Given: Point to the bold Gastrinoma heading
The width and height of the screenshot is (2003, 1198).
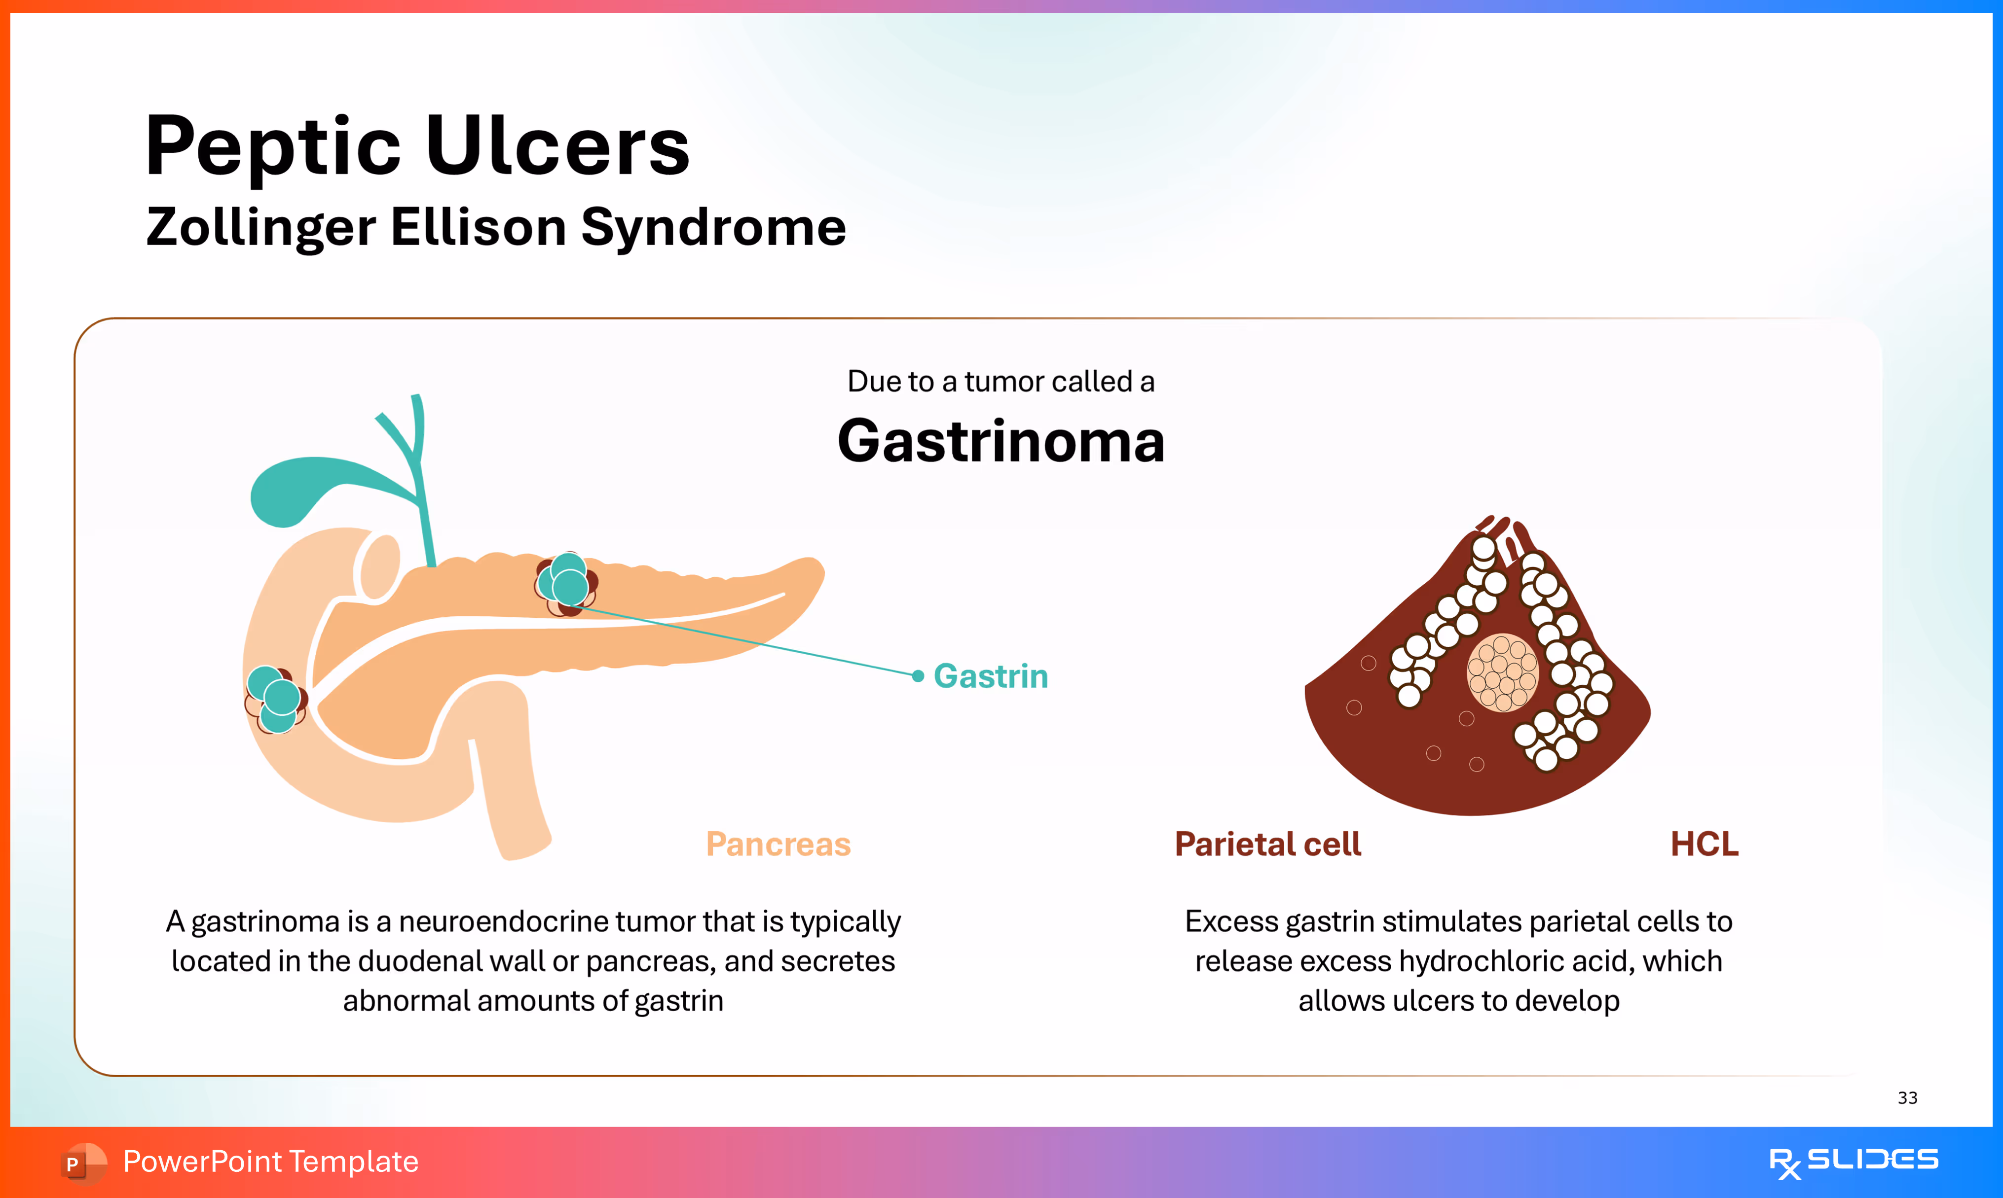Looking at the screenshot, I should tap(1001, 442).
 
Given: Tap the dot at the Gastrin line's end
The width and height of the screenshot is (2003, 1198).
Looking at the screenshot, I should tap(918, 676).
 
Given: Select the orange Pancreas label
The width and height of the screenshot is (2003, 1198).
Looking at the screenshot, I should tap(778, 845).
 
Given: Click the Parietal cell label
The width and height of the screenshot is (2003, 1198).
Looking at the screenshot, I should tap(1267, 845).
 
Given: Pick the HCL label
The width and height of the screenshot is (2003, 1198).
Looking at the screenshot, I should tap(1704, 845).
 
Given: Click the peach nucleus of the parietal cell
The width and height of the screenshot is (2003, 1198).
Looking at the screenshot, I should tap(1502, 672).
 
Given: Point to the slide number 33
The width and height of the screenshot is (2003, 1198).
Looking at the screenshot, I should tap(1907, 1098).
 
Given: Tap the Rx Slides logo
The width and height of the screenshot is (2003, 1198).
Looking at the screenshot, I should tap(1853, 1162).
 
